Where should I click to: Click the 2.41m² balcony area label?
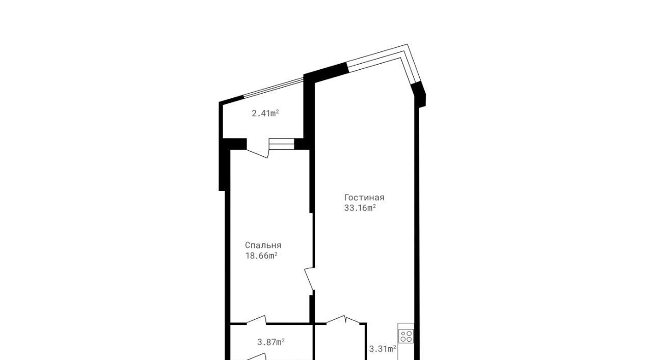click(x=265, y=113)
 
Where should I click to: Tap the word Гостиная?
click(x=364, y=198)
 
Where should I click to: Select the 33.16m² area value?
click(x=360, y=208)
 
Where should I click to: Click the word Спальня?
click(x=263, y=245)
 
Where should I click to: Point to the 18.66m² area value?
click(x=261, y=256)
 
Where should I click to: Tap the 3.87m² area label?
click(x=271, y=342)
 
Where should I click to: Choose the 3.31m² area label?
click(x=383, y=349)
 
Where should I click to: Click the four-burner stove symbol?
click(x=406, y=336)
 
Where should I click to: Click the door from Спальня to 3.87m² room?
click(x=256, y=320)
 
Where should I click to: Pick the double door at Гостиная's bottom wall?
click(x=343, y=320)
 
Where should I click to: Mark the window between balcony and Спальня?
click(x=282, y=144)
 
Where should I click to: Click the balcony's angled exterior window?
click(x=274, y=87)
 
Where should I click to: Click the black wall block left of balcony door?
click(x=235, y=144)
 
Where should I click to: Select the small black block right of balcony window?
click(x=299, y=144)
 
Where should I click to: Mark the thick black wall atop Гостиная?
click(x=326, y=73)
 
